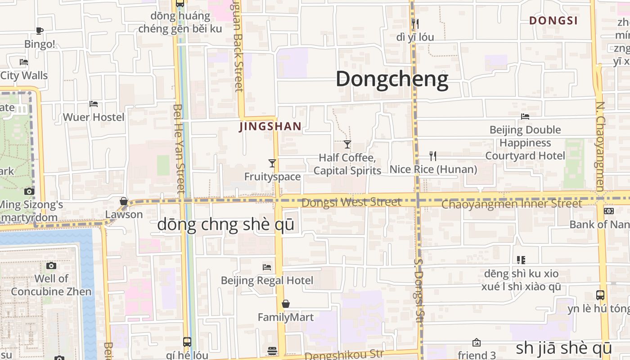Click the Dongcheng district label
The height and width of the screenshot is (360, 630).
(392, 79)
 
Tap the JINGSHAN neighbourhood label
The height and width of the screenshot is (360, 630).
(270, 126)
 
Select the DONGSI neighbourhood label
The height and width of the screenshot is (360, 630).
(553, 21)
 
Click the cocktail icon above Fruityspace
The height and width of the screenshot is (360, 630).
(272, 163)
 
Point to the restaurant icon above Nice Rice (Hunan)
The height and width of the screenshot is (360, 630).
(433, 156)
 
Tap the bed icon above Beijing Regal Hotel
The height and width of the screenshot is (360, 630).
(267, 267)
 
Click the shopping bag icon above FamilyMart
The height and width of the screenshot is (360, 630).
(285, 304)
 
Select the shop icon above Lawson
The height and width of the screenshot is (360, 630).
(124, 201)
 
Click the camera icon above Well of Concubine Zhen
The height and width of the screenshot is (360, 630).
(51, 265)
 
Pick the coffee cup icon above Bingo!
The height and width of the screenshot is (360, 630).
(40, 31)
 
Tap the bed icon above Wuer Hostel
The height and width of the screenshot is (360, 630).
(94, 104)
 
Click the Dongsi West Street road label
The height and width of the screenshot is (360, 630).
(351, 202)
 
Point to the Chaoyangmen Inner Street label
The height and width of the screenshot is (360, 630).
(512, 204)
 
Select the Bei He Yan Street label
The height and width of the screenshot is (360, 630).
(179, 148)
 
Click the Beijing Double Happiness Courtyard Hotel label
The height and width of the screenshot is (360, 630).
(525, 143)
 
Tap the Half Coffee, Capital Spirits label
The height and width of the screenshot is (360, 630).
(347, 164)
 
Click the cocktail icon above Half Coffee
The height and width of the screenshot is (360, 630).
(347, 144)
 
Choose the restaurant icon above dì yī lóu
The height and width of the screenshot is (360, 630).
(415, 24)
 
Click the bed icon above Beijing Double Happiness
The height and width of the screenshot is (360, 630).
(525, 117)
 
